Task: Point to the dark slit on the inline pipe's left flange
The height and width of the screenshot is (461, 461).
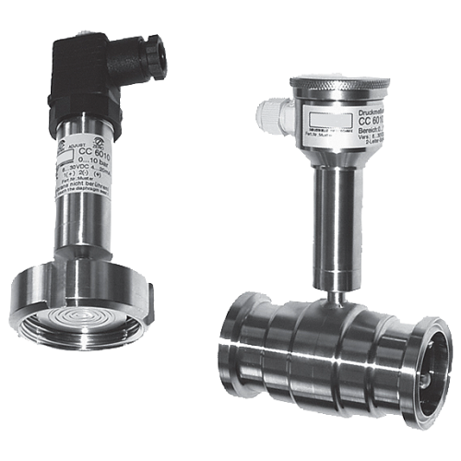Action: pyautogui.click(x=242, y=356)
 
